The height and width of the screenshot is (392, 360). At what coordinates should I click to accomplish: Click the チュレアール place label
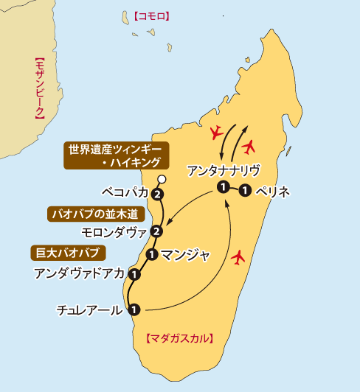[x=89, y=310]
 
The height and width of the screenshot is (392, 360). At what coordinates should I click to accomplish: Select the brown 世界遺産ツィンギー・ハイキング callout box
[x=117, y=155]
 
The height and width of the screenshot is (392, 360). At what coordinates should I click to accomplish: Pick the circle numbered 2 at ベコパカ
[x=156, y=195]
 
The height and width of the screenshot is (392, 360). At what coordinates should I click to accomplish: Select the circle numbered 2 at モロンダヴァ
[x=156, y=232]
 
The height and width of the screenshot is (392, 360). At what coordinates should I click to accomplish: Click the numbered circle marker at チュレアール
[x=134, y=309]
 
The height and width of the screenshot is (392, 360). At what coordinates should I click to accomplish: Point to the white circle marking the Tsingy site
[x=162, y=179]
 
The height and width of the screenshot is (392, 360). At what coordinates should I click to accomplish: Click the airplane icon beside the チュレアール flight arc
[x=238, y=258]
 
